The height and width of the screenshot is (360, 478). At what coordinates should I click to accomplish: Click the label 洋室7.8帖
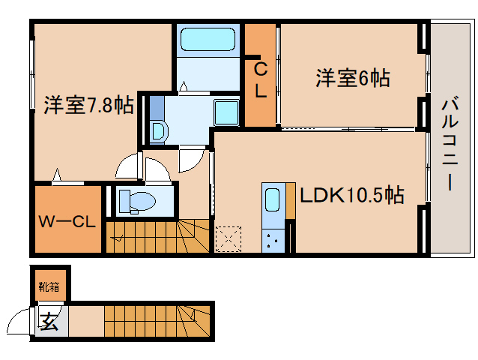click(88, 104)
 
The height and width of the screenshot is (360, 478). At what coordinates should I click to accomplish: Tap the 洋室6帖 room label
click(352, 78)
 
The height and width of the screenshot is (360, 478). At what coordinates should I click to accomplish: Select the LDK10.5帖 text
click(352, 195)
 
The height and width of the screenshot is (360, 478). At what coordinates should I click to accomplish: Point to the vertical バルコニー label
click(450, 142)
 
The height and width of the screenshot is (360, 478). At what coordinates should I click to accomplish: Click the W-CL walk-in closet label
click(67, 221)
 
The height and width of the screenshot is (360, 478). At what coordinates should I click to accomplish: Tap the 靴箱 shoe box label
click(49, 285)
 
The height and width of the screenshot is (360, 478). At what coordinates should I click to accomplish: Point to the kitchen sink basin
click(272, 200)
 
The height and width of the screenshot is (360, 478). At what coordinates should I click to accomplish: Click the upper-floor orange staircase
click(150, 235)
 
